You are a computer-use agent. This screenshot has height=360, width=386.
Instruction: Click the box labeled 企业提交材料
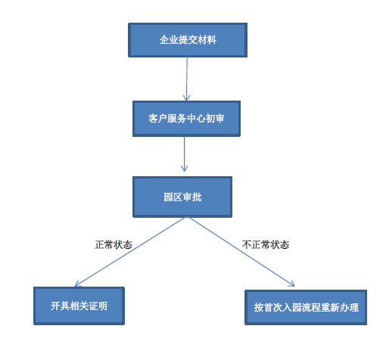(x=188, y=40)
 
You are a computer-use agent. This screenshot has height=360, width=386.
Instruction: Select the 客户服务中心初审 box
(x=186, y=119)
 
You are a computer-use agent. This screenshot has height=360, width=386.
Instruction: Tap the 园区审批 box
(x=182, y=197)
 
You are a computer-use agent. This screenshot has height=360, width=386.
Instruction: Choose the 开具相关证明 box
(x=79, y=306)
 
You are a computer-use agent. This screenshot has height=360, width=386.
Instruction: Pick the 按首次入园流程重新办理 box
(x=306, y=307)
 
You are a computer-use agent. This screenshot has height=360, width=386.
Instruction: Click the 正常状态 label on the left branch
(x=114, y=245)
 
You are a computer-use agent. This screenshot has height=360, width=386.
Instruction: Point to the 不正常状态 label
(x=266, y=245)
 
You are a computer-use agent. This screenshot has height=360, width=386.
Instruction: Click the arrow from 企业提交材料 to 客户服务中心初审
(x=187, y=79)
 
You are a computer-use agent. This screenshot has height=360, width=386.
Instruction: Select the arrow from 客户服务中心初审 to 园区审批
(x=185, y=154)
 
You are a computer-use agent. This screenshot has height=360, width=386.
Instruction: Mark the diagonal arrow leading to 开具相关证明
(x=131, y=252)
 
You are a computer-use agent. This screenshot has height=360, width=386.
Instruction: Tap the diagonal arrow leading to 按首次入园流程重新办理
(x=241, y=252)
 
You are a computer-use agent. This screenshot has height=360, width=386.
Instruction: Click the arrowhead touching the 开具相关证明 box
(x=78, y=284)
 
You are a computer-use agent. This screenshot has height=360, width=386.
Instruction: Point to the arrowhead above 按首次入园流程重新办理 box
(x=291, y=284)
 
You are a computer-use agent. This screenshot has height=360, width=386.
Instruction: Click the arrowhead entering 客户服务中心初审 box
(x=186, y=98)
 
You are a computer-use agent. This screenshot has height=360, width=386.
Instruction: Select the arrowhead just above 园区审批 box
(x=185, y=169)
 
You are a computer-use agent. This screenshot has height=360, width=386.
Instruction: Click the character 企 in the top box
(x=164, y=40)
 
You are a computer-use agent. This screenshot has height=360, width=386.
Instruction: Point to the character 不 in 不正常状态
(x=247, y=245)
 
